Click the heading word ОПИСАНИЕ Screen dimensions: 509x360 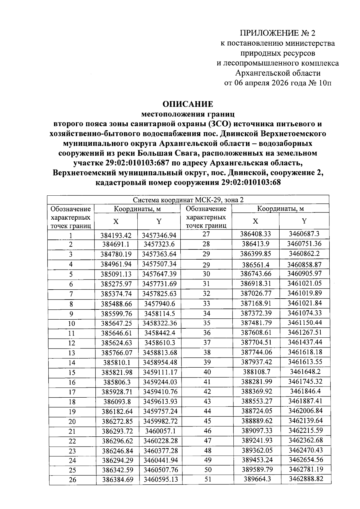[187, 104]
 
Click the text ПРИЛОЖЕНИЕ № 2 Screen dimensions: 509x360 [277, 33]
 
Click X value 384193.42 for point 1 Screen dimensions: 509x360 [116, 235]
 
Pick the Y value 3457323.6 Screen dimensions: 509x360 [159, 244]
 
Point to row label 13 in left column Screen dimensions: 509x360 [71, 353]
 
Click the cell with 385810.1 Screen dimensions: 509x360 [116, 363]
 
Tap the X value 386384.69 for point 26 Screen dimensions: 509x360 [118, 480]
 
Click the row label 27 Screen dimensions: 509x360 [206, 234]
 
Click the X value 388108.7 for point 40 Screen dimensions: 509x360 [256, 372]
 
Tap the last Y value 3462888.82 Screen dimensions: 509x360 [306, 479]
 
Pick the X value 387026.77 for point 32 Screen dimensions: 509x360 [256, 293]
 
